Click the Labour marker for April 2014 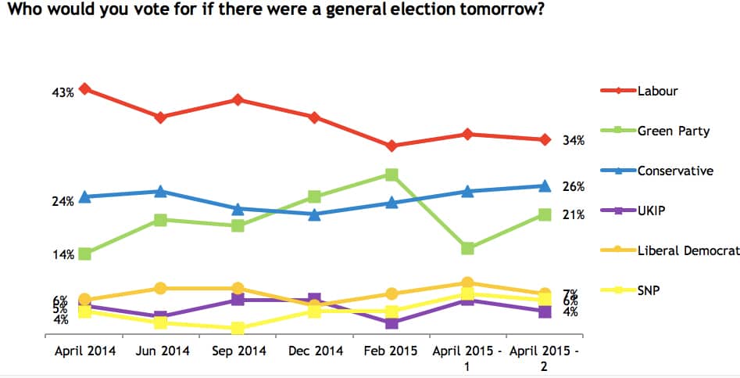(84, 89)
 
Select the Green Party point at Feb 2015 (391, 175)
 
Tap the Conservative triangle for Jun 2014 (160, 191)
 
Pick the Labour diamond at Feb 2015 (391, 146)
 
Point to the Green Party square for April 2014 (84, 254)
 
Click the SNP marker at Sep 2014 (238, 328)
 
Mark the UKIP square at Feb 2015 (391, 323)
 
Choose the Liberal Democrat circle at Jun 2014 (160, 289)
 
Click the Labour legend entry (657, 90)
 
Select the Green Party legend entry (673, 131)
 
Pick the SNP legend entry (649, 290)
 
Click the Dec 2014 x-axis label (315, 351)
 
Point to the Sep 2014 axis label (238, 351)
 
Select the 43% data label (63, 92)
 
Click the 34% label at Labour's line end (574, 141)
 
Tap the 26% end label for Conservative (574, 186)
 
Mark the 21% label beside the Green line (574, 214)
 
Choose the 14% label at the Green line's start (63, 254)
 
